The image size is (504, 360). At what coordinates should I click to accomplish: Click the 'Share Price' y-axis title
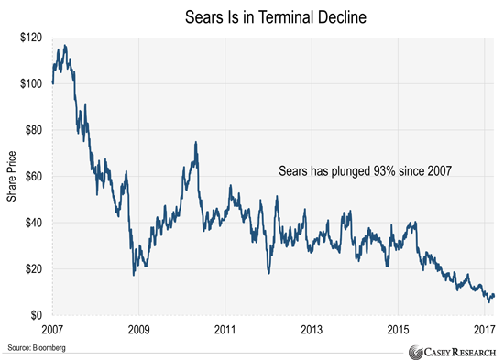[12, 177]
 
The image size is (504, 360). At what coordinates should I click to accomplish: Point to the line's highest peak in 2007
[64, 45]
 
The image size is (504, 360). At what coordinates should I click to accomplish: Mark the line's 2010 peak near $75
[196, 142]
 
